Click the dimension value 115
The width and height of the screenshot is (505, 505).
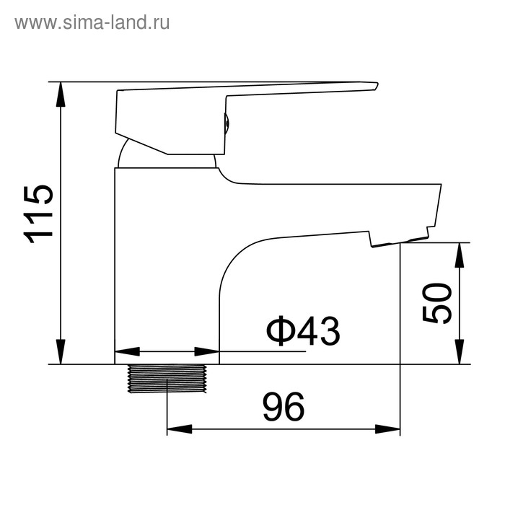click(38, 214)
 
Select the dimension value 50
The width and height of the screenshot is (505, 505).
click(437, 303)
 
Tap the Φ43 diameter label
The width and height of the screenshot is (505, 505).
click(303, 330)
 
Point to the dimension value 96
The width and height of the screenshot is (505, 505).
click(284, 407)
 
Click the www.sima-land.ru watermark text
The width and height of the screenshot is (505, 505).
click(92, 23)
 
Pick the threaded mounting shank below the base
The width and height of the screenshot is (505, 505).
click(167, 379)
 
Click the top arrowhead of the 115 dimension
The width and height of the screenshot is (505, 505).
click(60, 95)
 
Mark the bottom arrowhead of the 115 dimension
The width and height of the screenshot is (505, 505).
click(60, 352)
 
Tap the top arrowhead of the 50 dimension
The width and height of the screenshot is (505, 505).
click(460, 255)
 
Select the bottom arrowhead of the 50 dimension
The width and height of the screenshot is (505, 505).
click(460, 352)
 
